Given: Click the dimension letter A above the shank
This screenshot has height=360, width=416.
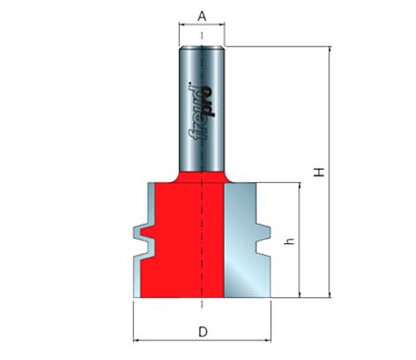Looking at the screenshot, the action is pyautogui.click(x=202, y=17).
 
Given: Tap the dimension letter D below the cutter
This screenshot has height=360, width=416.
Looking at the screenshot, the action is pyautogui.click(x=203, y=332).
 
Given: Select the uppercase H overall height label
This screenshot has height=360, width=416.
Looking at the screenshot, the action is pyautogui.click(x=320, y=172).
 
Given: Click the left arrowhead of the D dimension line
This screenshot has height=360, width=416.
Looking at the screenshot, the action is pyautogui.click(x=135, y=341).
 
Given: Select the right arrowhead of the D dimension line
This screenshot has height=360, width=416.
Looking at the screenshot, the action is pyautogui.click(x=268, y=341).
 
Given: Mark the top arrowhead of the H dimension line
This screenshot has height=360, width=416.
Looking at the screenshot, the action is pyautogui.click(x=329, y=50).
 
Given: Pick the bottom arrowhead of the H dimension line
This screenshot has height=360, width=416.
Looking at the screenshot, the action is pyautogui.click(x=329, y=295).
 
